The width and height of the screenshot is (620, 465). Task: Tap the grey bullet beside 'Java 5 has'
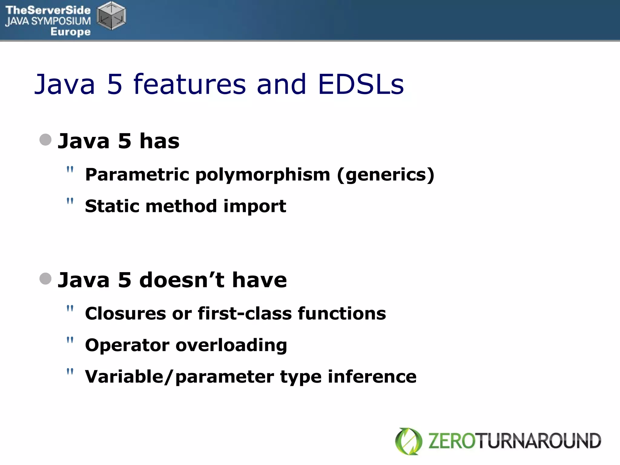coord(45,140)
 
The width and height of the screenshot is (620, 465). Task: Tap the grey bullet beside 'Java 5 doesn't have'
coord(45,279)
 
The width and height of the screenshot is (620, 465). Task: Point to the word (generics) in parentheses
coord(386,175)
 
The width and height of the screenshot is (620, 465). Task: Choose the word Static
coord(112,206)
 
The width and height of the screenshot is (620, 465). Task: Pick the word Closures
coord(125,313)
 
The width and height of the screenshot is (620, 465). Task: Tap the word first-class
coord(245,313)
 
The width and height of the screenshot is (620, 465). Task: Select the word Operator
coord(127,345)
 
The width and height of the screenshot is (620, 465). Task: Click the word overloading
coord(231,345)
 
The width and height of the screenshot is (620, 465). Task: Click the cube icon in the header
coord(111,16)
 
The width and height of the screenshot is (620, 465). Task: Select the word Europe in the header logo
coord(71,31)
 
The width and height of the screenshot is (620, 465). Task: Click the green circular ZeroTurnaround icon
coord(408,441)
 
